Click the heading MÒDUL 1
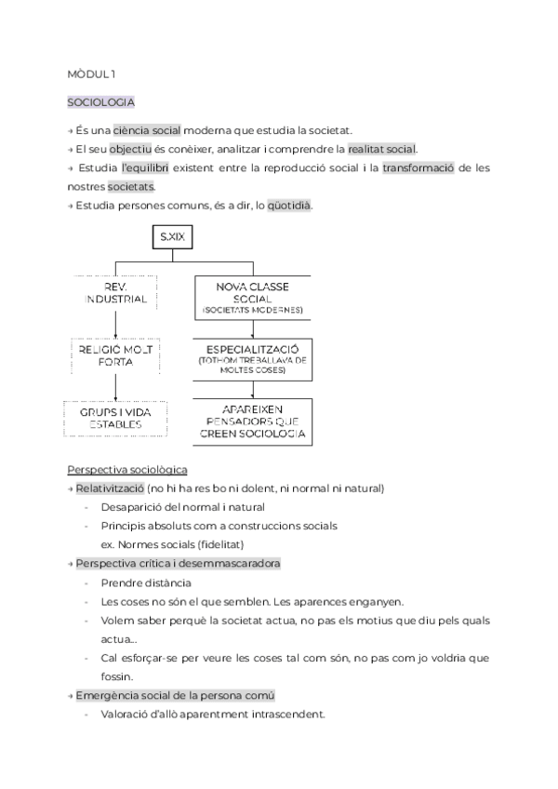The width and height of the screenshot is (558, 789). click(x=91, y=73)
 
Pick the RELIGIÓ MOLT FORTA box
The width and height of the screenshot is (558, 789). click(x=115, y=354)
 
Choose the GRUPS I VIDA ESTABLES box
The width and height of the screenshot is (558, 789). click(x=115, y=417)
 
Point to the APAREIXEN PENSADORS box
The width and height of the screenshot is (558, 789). click(x=253, y=421)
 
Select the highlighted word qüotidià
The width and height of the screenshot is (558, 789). click(x=289, y=205)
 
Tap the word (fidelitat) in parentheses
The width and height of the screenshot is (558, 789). click(x=229, y=544)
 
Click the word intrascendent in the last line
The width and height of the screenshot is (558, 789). click(x=286, y=715)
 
